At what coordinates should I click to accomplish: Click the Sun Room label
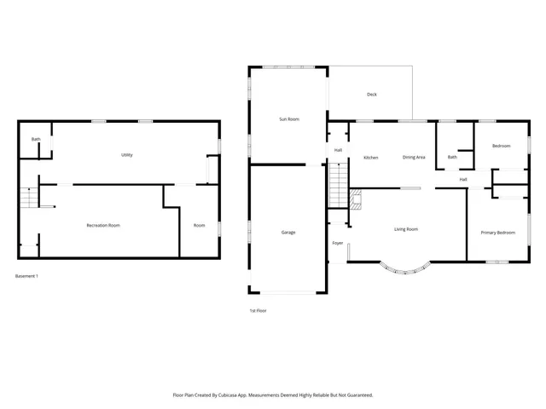289,119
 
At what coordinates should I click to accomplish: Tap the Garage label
288,232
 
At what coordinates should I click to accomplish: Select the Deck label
371,95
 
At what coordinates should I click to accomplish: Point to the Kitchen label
371,158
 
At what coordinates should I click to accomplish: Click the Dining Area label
415,158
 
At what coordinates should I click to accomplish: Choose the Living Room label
405,229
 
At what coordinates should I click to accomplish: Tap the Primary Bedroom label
497,233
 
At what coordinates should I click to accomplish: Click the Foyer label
338,244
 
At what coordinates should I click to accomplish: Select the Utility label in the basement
126,155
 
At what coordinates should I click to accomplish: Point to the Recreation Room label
102,225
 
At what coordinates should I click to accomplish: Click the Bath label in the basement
36,139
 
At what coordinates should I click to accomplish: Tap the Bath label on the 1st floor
452,157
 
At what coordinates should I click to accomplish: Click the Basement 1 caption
27,276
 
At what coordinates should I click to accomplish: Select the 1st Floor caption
258,310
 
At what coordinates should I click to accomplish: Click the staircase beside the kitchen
340,182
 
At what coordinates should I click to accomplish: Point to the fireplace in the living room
357,200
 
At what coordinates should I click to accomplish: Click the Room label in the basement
199,225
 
